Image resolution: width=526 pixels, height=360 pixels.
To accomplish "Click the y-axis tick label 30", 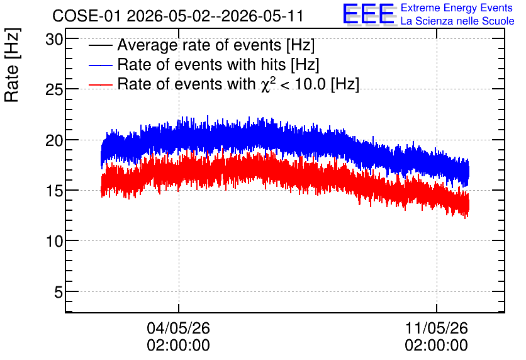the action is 54,40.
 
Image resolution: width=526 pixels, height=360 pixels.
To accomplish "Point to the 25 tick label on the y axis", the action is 54,89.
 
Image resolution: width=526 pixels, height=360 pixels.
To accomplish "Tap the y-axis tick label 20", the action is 54,140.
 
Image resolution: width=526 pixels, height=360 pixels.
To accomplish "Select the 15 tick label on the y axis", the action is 54,191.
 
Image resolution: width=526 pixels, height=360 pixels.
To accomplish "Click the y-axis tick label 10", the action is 54,241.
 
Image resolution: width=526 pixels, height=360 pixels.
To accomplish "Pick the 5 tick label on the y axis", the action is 59,292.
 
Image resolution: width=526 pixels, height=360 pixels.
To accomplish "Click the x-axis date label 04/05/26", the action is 179,328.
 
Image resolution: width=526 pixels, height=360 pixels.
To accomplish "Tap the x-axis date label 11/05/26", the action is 437,328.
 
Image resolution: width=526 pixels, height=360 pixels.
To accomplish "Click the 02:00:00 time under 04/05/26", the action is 179,346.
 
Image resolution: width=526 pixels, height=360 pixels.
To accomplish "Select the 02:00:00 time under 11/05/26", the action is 437,346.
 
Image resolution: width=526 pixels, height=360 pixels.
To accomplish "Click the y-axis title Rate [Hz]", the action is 12,65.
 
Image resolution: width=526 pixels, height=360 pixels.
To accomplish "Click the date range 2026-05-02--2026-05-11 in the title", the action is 215,16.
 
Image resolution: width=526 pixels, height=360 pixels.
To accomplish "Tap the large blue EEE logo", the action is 369,14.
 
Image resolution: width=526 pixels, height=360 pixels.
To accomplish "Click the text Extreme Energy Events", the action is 457,8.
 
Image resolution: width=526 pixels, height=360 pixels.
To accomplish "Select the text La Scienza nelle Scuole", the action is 457,21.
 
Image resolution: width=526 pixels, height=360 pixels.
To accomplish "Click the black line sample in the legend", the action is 100,45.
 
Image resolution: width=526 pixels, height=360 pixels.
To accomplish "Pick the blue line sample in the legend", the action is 100,65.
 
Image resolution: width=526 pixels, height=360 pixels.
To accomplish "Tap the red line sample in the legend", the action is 100,84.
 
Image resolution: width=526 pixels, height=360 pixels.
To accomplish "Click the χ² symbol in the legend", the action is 269,84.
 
